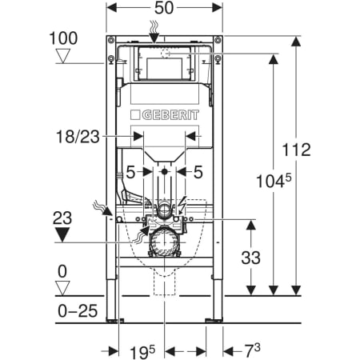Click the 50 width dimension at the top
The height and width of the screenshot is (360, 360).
pos(164,8)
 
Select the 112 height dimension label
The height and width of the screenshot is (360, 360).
pos(296,150)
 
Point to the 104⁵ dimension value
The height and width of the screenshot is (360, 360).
pos(274,181)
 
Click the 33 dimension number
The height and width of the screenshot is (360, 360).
pos(250,258)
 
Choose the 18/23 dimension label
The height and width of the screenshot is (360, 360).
pos(78,137)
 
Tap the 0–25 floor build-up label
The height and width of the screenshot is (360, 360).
pos(78,311)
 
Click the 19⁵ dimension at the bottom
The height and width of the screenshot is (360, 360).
pos(142,352)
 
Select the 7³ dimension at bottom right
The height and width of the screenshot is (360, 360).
pos(252,350)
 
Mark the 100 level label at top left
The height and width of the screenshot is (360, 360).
pos(63,38)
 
